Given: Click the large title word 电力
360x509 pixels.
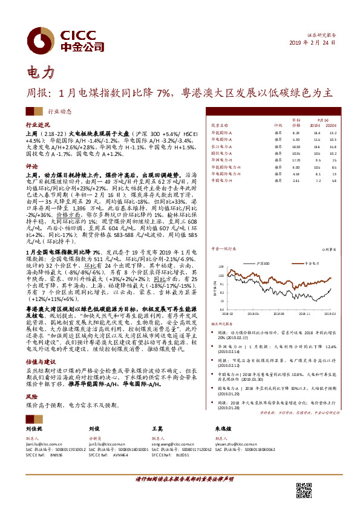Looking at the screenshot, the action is [40, 73].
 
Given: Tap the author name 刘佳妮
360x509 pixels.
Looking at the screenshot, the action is [34, 427].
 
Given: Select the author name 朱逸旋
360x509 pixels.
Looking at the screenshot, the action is [224, 427].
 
